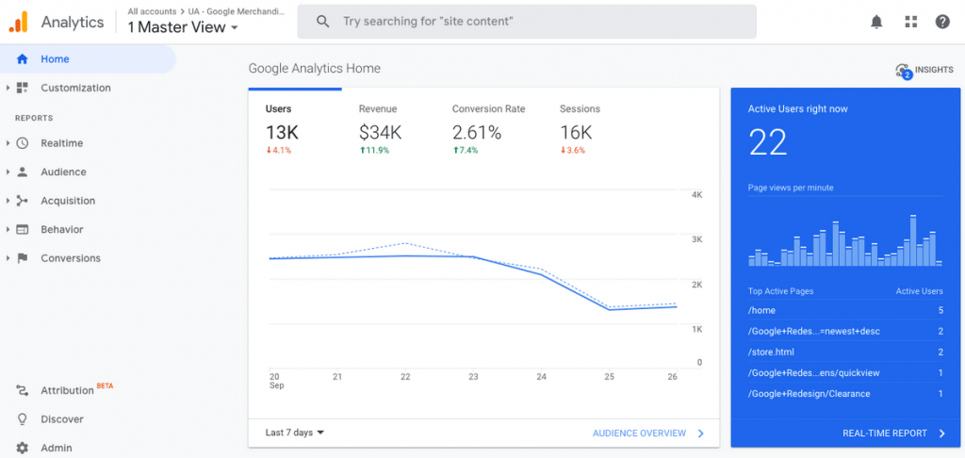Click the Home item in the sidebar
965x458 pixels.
tap(55, 58)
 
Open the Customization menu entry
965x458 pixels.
tap(75, 88)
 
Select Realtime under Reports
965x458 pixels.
tap(61, 143)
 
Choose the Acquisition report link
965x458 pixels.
tap(68, 201)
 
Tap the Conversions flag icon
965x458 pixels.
tap(23, 258)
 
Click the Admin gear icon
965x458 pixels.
tap(23, 448)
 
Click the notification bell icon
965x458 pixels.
tap(876, 22)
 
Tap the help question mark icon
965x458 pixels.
tap(942, 22)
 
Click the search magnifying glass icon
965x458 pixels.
tap(323, 21)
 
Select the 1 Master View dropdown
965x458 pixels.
tap(183, 27)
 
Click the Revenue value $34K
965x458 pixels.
tap(380, 133)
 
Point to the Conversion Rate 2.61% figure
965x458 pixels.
tap(477, 133)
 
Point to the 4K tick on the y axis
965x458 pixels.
tap(697, 195)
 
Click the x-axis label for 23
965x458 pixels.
tap(473, 376)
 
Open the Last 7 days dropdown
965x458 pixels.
tap(295, 433)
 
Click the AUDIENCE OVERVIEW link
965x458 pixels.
tap(639, 433)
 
